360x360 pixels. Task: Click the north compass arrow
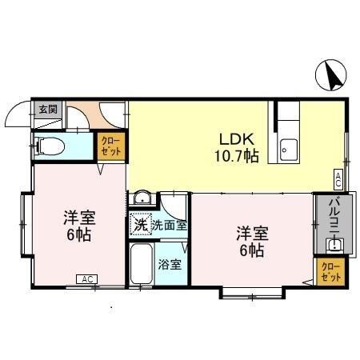332,77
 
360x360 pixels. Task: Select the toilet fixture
52,146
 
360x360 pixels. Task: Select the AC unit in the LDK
338,180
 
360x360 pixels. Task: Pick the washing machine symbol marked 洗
140,226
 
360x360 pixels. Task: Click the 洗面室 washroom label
170,226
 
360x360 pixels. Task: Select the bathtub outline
142,263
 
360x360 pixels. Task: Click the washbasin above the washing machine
142,200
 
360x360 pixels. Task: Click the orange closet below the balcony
329,270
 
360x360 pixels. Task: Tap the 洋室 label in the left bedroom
78,217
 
